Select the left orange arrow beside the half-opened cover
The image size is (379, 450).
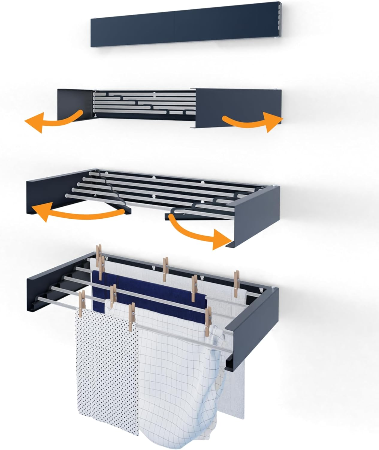(x=51, y=121)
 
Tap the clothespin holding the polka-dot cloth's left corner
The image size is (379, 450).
(x=81, y=303)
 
